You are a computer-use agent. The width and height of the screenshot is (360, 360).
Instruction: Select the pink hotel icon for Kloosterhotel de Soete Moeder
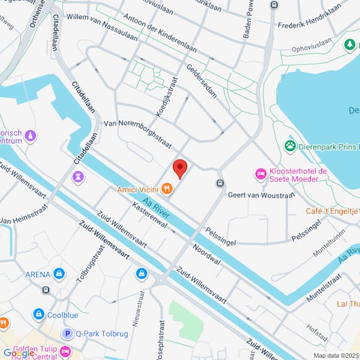coord(261,174)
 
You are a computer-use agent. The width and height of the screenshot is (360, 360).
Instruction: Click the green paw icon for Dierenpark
coord(290,145)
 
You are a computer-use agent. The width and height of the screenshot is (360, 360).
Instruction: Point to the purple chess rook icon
coord(78,176)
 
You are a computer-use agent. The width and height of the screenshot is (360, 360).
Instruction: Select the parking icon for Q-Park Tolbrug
coord(68,333)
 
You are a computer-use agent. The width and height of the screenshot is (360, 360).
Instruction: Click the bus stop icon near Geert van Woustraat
coord(220,183)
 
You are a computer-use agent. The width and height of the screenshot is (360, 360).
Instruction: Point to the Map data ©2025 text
coord(335,355)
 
